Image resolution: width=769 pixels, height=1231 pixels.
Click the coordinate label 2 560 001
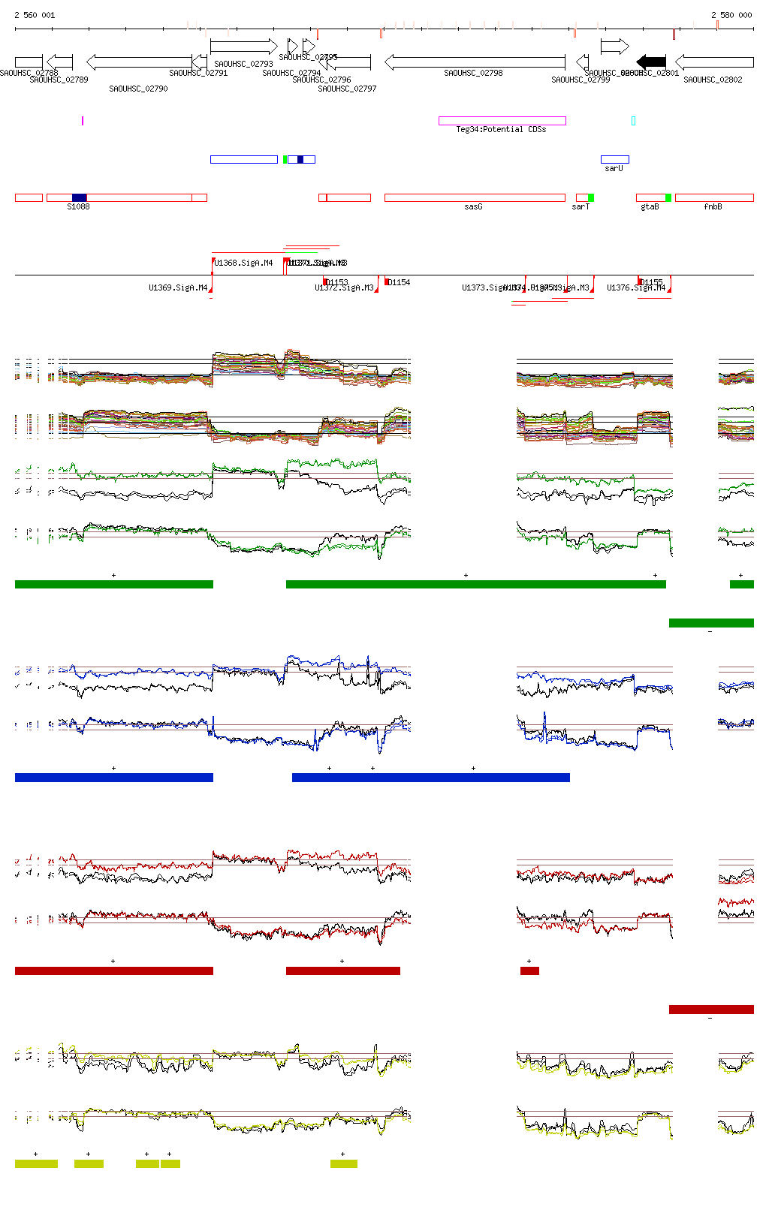click(35, 15)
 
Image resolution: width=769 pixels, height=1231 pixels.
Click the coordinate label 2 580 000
click(731, 15)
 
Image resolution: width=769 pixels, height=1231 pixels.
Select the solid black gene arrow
click(651, 62)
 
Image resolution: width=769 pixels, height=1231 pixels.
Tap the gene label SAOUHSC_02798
click(473, 74)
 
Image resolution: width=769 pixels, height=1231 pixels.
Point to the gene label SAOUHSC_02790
click(138, 89)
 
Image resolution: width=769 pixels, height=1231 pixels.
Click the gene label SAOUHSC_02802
click(713, 80)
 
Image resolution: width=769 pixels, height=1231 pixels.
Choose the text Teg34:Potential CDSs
click(501, 130)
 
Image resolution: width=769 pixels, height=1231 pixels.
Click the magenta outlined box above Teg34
click(502, 121)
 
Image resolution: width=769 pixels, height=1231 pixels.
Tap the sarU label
click(614, 169)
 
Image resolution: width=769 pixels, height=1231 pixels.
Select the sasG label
click(473, 207)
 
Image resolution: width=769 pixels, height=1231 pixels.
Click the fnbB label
click(713, 207)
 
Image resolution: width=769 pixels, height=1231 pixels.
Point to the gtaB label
click(650, 207)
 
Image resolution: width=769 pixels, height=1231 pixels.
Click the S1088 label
click(78, 207)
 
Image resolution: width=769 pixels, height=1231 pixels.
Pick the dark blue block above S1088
click(79, 197)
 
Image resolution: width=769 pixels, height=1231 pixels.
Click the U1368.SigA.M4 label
click(243, 263)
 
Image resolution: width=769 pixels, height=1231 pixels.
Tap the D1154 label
click(399, 283)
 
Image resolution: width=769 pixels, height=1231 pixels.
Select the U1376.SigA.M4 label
click(636, 288)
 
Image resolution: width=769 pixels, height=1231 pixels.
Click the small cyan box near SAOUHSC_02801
click(633, 121)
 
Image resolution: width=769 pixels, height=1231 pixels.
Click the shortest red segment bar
click(529, 971)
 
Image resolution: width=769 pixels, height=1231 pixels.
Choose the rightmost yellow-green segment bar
click(344, 1164)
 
